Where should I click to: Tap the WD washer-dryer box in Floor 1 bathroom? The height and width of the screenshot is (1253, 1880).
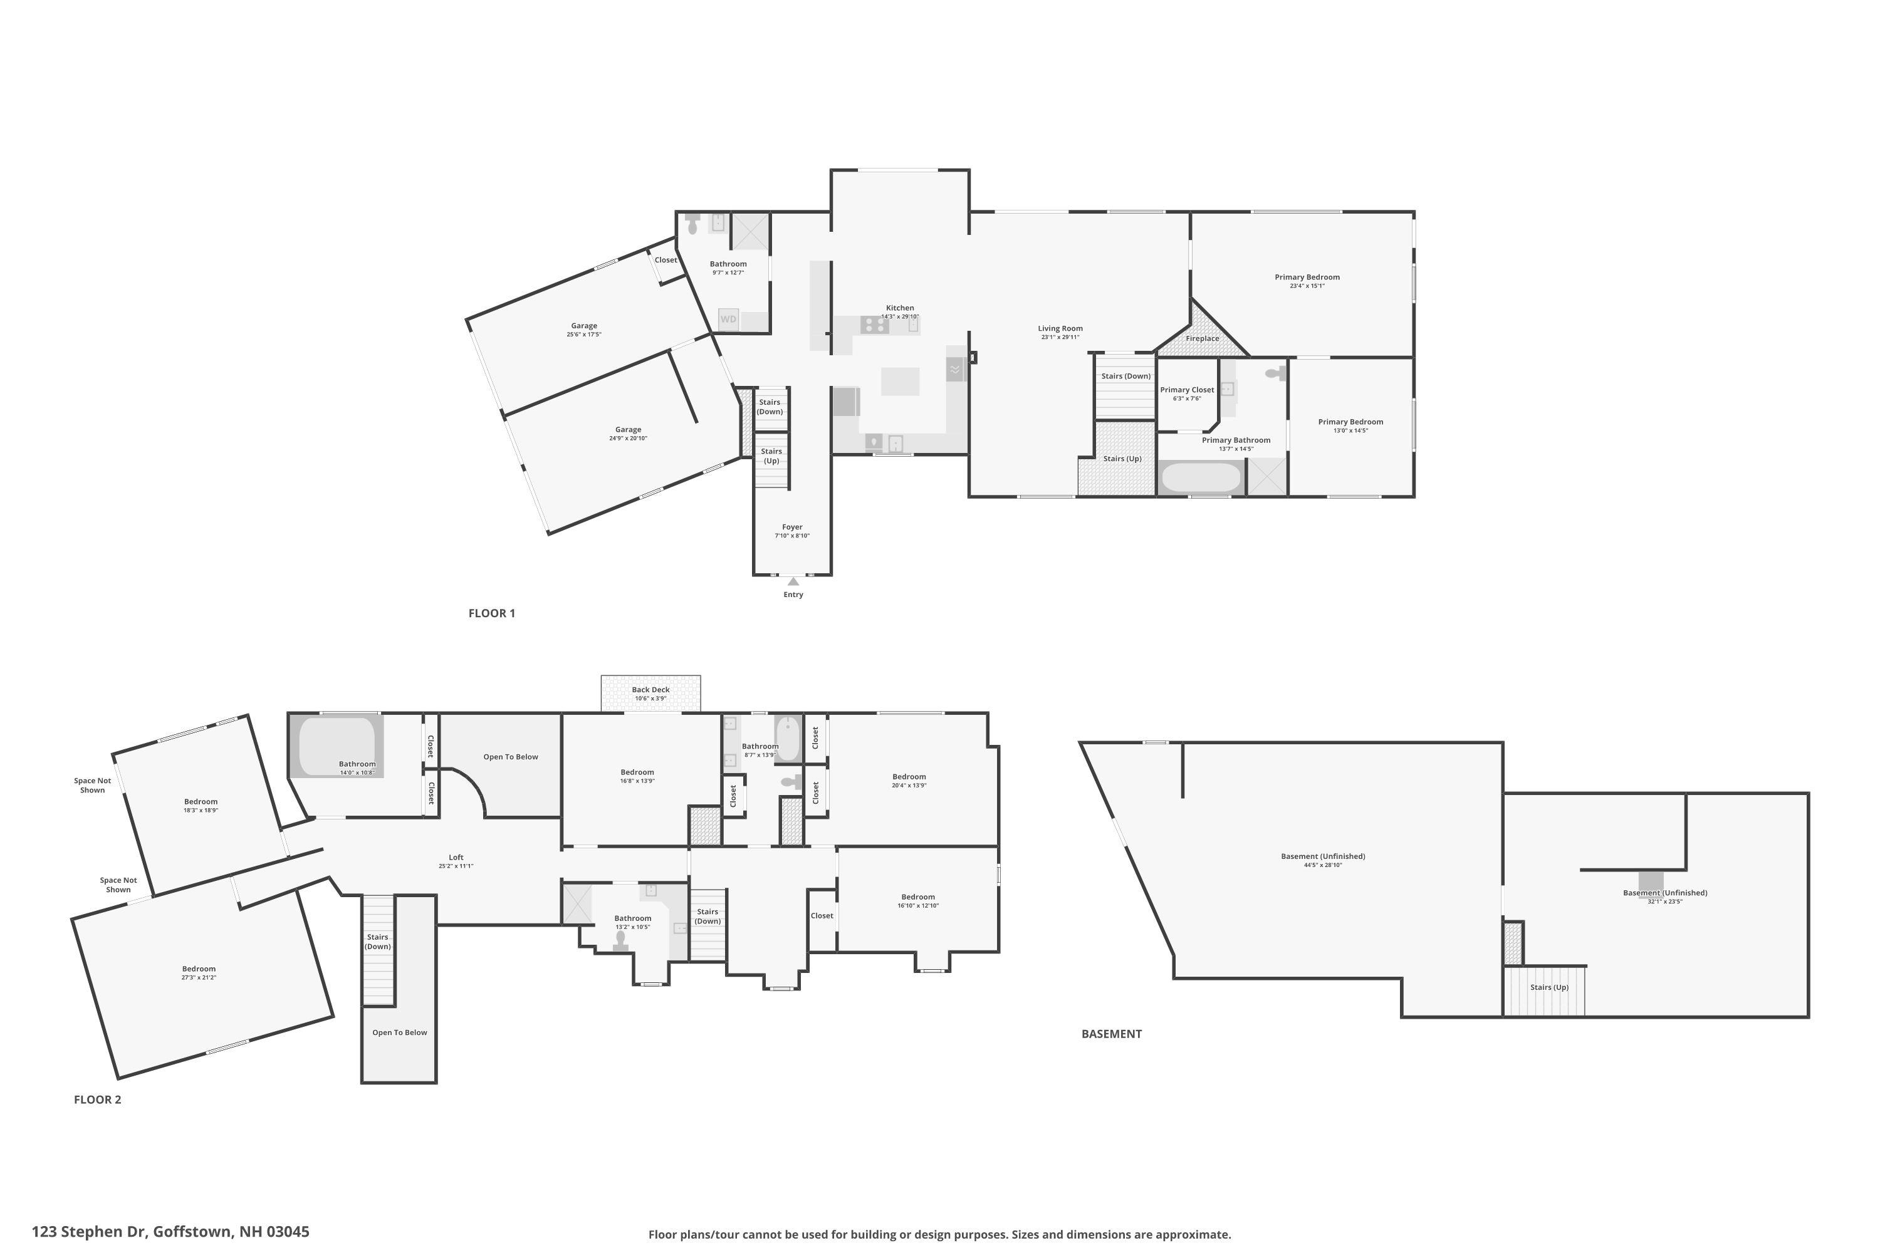click(728, 320)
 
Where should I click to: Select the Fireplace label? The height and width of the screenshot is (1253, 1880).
click(1202, 339)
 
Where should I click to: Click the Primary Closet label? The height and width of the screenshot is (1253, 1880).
click(1187, 390)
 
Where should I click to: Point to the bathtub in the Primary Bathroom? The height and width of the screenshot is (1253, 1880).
click(1200, 478)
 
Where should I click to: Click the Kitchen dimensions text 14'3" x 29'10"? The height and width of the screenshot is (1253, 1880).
click(900, 317)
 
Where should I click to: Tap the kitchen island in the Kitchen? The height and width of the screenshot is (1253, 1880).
click(900, 381)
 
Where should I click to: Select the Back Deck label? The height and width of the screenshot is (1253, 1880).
click(650, 690)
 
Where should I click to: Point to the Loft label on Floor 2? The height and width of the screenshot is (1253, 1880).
click(456, 858)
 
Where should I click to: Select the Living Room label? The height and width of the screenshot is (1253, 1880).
click(1060, 328)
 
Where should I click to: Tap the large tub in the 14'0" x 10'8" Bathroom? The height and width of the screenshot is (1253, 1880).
click(337, 746)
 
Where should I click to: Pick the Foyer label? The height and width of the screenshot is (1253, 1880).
click(791, 528)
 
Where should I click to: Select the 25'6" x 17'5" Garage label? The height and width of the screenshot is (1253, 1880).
click(583, 326)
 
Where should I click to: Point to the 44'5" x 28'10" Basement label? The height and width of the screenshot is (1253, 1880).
click(1323, 856)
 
